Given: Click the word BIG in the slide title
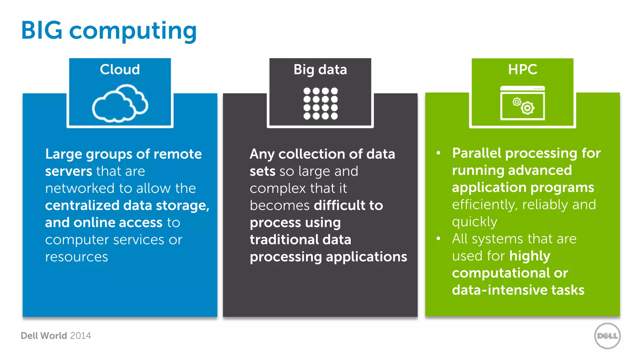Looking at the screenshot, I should [x=42, y=30].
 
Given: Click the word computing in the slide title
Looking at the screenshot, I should [x=133, y=31].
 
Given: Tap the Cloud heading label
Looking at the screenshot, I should [x=120, y=69].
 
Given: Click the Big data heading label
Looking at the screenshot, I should [x=320, y=70].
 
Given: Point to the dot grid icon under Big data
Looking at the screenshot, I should [x=320, y=103].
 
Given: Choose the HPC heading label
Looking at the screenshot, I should [x=523, y=69].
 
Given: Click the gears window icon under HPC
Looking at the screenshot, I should [x=523, y=103].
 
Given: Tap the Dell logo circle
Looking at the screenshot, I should [x=607, y=336].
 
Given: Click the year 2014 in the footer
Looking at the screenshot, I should [x=81, y=336].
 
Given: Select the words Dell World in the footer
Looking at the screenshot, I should [x=44, y=336].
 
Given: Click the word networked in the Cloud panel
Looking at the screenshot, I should [x=80, y=188].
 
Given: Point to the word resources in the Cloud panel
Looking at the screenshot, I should [x=76, y=257].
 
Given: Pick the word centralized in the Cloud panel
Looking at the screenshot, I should [x=82, y=206].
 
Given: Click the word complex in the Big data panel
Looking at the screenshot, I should [x=278, y=189].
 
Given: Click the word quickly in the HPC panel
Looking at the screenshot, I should [x=475, y=222].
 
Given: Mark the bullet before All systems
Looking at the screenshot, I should [x=439, y=239].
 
